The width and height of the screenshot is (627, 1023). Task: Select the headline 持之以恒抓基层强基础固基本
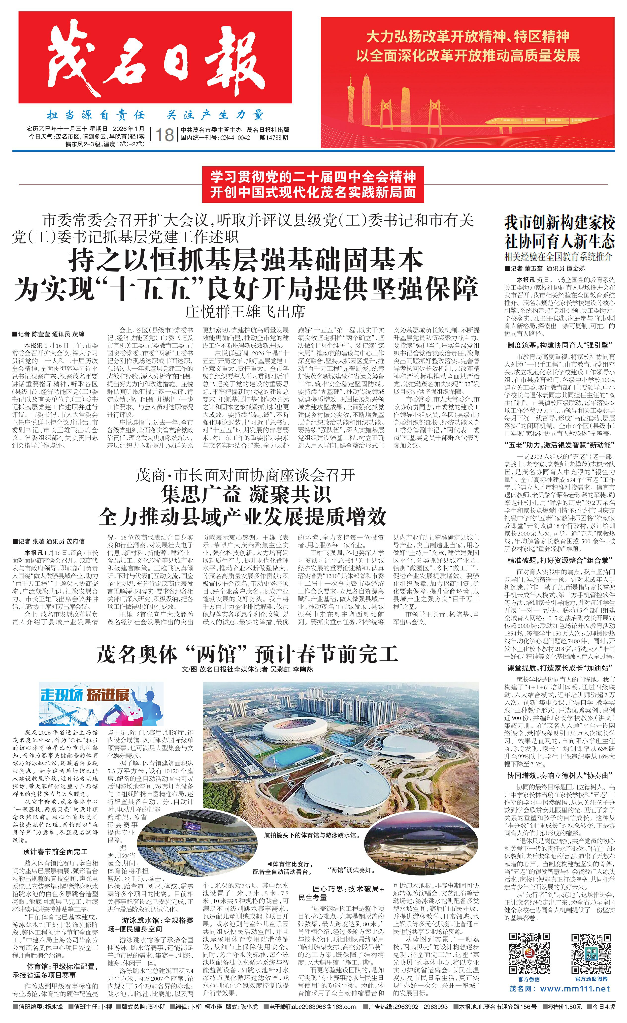pyautogui.click(x=246, y=260)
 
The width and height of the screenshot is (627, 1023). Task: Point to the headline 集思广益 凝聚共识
pyautogui.click(x=246, y=494)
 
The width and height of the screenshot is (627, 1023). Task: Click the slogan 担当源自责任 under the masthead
pyautogui.click(x=96, y=115)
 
